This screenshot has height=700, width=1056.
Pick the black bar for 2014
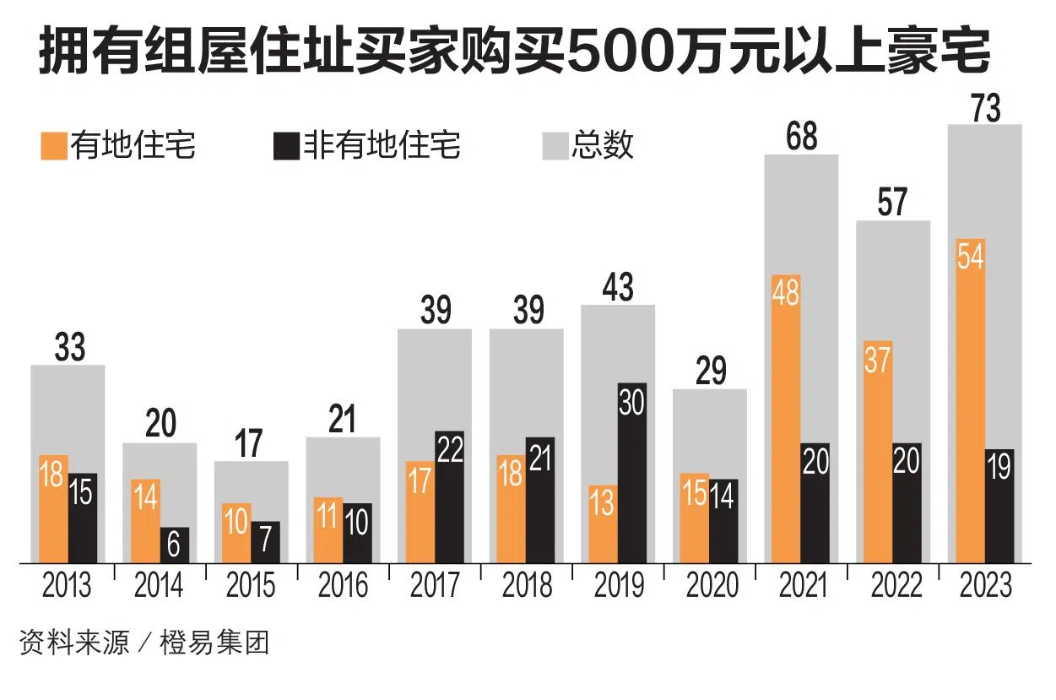click(174, 545)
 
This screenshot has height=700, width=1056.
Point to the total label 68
click(801, 137)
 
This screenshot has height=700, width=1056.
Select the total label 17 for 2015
click(250, 443)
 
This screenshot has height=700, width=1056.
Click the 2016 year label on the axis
click(343, 585)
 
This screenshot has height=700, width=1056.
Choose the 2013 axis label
click(67, 585)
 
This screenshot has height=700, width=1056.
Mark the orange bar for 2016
click(328, 529)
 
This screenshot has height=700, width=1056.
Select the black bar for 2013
click(82, 518)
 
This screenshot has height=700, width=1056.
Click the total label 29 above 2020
click(710, 371)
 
